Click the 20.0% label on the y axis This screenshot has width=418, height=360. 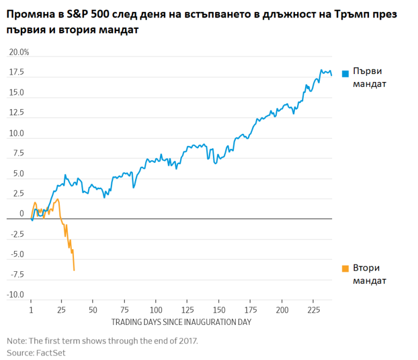(19, 53)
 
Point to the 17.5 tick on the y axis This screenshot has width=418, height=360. (16, 72)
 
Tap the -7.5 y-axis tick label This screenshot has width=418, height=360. (16, 275)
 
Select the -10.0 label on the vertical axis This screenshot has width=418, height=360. (16, 295)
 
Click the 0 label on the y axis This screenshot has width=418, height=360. (21, 214)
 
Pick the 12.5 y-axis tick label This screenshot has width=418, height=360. (16, 113)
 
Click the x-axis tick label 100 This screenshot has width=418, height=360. (156, 310)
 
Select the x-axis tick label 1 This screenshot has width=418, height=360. (31, 310)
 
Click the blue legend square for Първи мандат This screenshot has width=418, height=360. (345, 73)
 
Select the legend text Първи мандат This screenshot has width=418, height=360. (369, 77)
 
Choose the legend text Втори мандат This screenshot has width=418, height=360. (369, 274)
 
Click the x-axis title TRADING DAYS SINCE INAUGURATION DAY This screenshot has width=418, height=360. (181, 322)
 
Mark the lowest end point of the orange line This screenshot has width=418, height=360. (74, 270)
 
